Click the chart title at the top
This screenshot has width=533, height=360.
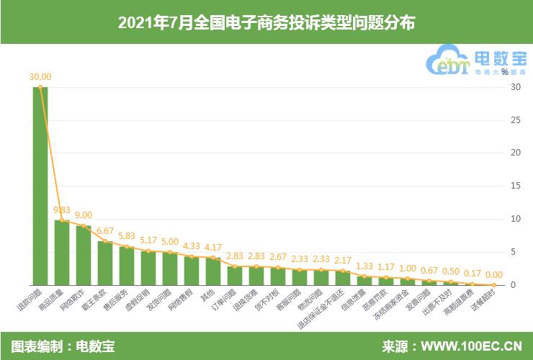click(x=266, y=23)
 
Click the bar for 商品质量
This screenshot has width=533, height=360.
click(x=62, y=253)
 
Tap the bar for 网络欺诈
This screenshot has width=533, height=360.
click(x=84, y=256)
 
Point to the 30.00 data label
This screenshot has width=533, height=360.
click(x=40, y=76)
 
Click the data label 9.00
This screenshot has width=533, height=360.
click(x=84, y=215)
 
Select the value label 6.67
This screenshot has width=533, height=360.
click(x=105, y=230)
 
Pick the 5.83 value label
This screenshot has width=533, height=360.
click(x=127, y=236)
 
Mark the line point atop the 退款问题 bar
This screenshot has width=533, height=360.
click(x=40, y=87)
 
